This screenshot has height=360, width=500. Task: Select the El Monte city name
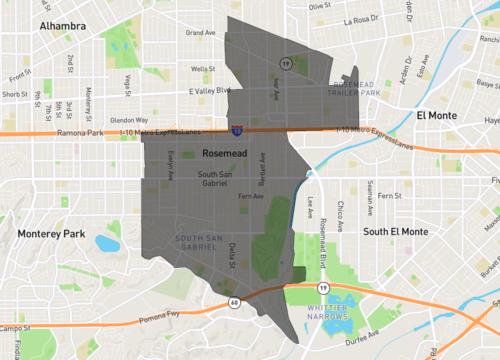(435, 116)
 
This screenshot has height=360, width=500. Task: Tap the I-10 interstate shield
(236, 130)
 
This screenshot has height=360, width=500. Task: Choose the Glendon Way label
(131, 119)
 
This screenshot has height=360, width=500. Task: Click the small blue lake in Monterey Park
(107, 243)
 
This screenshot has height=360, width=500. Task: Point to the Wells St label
(204, 69)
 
